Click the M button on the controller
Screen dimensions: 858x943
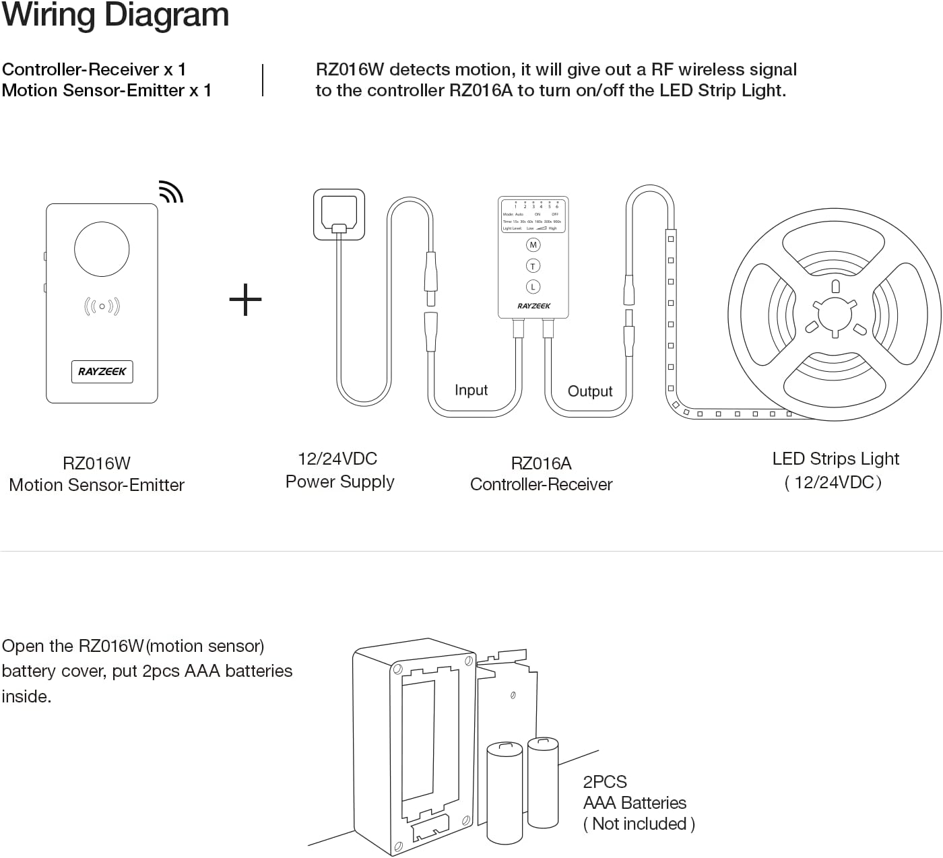[x=533, y=245]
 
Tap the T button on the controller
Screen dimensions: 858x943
[x=533, y=266]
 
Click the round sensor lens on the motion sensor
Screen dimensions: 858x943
[x=102, y=249]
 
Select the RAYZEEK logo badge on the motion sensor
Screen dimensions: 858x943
[x=102, y=371]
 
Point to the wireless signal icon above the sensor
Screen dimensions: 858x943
[x=171, y=192]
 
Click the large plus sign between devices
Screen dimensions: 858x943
[x=245, y=300]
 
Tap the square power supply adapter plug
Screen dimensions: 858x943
[x=339, y=214]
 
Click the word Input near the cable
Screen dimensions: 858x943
[x=471, y=390]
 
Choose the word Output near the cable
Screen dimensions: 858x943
[x=590, y=391]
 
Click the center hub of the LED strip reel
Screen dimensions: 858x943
[x=835, y=315]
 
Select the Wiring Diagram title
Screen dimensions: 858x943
[x=115, y=15]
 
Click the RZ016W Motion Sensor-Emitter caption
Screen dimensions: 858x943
[x=96, y=474]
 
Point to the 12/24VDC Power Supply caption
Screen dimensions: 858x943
[x=339, y=470]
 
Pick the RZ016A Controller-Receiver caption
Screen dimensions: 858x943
[x=541, y=473]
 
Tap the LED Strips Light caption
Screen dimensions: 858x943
[x=835, y=470]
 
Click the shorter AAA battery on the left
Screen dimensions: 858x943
[x=505, y=793]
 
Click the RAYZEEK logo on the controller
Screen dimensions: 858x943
[x=533, y=306]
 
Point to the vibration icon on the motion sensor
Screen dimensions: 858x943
[x=102, y=306]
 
